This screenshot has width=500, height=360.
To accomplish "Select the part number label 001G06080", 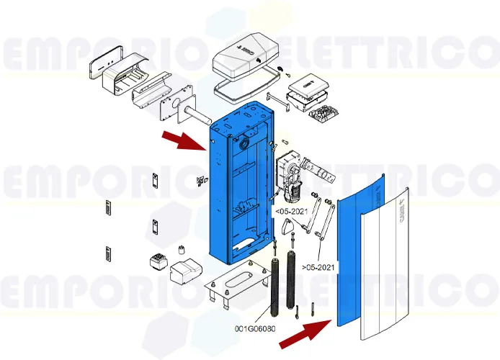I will click(254, 329).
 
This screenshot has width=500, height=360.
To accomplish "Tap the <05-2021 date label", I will click(290, 212).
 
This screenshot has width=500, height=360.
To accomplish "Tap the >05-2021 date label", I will click(319, 267).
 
